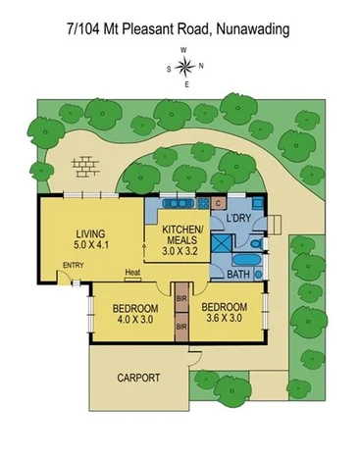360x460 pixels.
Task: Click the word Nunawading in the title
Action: click(x=250, y=30)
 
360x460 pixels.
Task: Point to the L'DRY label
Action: click(x=239, y=217)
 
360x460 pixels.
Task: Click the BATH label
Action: click(x=239, y=275)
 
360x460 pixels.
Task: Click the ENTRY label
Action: click(x=73, y=266)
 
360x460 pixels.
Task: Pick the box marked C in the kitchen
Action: click(x=217, y=204)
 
